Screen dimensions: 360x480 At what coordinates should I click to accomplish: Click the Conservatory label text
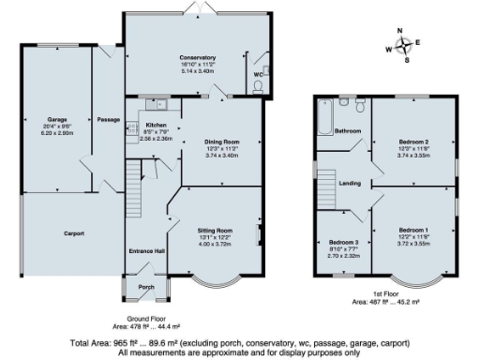(197, 57)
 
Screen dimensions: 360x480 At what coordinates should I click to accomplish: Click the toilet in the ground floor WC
(259, 88)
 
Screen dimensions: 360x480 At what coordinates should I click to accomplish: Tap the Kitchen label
(156, 125)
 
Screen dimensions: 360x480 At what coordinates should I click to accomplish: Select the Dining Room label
(223, 141)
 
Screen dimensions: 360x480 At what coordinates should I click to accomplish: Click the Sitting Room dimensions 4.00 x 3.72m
(214, 243)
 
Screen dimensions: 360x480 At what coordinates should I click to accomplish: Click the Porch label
(145, 287)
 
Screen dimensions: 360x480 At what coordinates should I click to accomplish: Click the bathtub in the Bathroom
(324, 118)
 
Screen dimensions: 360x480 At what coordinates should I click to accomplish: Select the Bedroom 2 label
(412, 142)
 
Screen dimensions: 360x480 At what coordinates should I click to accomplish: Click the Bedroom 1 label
(412, 230)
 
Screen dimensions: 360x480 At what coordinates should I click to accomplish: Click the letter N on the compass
(400, 30)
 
